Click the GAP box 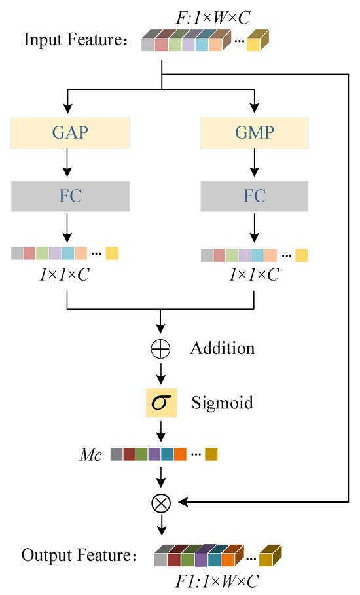[67, 133]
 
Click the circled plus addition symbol [160, 349]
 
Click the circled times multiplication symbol [160, 503]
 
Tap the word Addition [222, 348]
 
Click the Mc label [91, 455]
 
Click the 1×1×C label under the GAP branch [64, 275]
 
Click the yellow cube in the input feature [257, 43]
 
